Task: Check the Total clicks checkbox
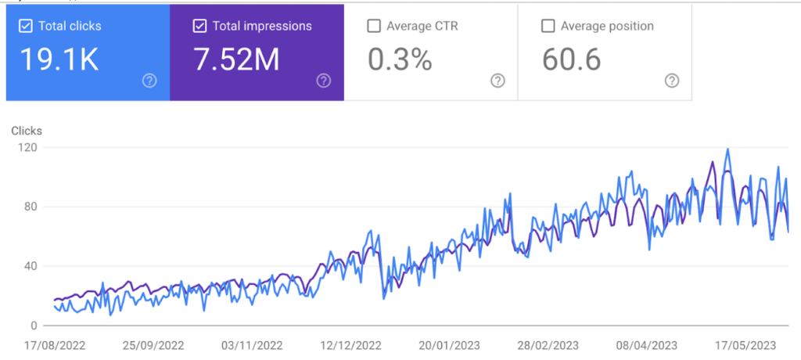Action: [26, 26]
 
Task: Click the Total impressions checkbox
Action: [199, 26]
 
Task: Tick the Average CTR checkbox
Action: [374, 26]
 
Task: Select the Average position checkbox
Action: [548, 26]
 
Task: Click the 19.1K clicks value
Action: [59, 60]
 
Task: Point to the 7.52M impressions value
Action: [236, 60]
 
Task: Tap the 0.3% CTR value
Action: [399, 60]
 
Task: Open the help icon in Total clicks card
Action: [149, 81]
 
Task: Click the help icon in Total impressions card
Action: [324, 81]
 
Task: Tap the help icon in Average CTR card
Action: [497, 81]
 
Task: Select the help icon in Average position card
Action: [671, 81]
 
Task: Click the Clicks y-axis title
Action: [27, 131]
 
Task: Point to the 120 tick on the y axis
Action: [29, 148]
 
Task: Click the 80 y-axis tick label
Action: [32, 207]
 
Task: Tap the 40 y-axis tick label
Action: [32, 266]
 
